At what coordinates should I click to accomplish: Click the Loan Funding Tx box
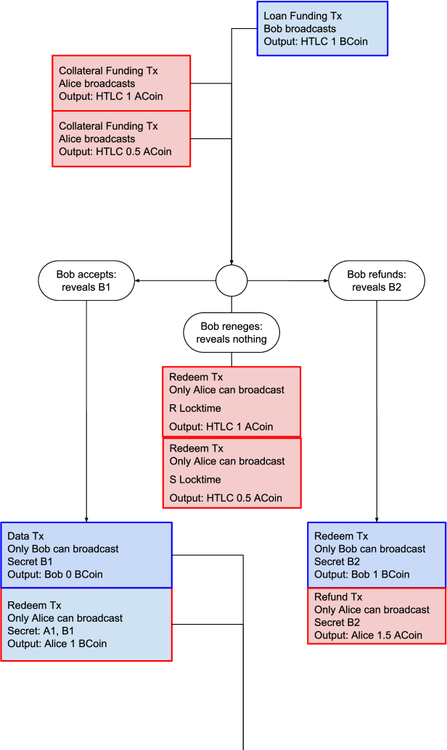point(323,28)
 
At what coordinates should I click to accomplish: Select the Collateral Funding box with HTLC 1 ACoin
point(121,83)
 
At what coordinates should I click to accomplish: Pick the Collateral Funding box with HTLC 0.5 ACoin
point(121,138)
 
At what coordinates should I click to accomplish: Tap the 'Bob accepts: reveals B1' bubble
point(86,280)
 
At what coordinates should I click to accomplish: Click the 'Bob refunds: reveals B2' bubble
point(376,280)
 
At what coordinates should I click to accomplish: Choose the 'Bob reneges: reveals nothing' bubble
point(231,333)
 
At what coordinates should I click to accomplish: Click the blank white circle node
point(231,280)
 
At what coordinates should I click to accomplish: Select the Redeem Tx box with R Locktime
point(231,402)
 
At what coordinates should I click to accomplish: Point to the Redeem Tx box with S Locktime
point(231,473)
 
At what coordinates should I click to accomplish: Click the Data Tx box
point(86,555)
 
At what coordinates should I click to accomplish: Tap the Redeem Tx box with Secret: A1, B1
point(86,625)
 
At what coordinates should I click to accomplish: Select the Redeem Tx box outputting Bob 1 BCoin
point(377,555)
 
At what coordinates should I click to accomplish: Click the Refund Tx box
point(377,616)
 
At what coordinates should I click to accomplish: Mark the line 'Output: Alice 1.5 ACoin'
point(368,636)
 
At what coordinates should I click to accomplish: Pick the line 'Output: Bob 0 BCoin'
point(55,575)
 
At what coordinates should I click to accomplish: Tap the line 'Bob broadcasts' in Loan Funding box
point(300,29)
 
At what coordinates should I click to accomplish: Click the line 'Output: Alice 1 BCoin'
point(57,643)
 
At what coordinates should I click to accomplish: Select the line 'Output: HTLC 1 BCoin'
point(316,42)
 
